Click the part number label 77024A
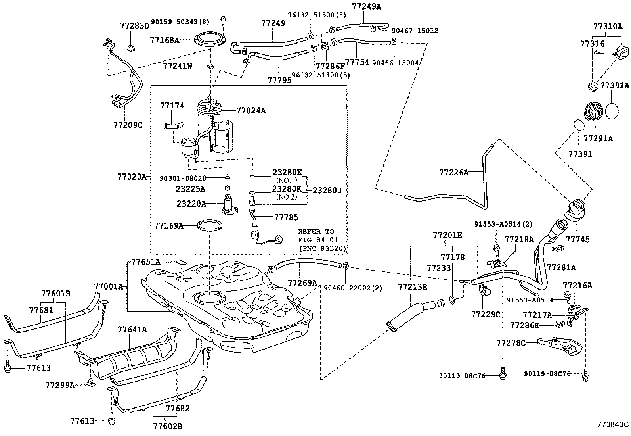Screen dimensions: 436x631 pyautogui.click(x=251, y=111)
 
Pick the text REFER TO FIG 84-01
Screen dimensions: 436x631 pyautogui.click(x=316, y=235)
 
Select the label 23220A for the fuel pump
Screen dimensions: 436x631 pyautogui.click(x=191, y=204)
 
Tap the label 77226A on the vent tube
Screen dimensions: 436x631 pyautogui.click(x=453, y=172)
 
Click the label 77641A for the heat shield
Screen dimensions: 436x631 pyautogui.click(x=132, y=329)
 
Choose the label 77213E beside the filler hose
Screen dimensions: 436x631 pyautogui.click(x=413, y=286)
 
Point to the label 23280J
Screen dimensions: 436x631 pyautogui.click(x=327, y=190)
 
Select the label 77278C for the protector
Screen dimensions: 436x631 pyautogui.click(x=511, y=342)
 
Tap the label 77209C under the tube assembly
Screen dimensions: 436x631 pyautogui.click(x=128, y=125)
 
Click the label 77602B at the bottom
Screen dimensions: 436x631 pyautogui.click(x=168, y=426)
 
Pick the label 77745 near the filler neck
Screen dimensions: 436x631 pyautogui.click(x=577, y=239)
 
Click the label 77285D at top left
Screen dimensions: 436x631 pyautogui.click(x=134, y=26)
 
